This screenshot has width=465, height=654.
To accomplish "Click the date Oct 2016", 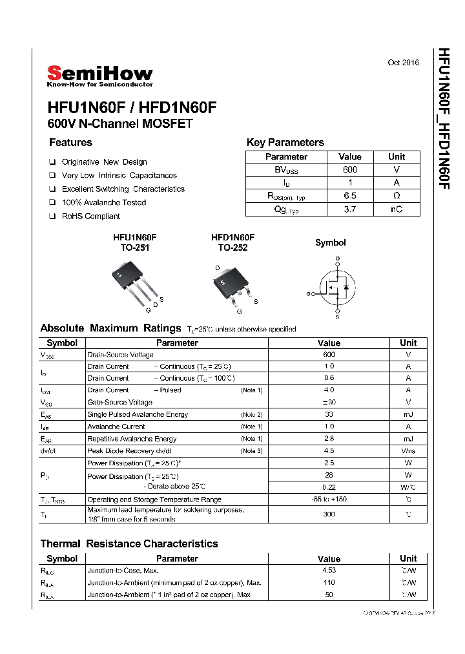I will point(403,63).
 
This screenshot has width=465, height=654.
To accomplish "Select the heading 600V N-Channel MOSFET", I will point(120,123).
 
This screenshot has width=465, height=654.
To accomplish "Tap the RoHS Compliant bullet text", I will point(91,216).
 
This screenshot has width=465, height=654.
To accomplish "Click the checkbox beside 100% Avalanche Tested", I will point(52,202).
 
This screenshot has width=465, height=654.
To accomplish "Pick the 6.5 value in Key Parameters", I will point(350,196).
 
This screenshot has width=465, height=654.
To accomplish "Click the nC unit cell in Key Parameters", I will point(397,209).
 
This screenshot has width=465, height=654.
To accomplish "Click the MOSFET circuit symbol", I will point(336,287).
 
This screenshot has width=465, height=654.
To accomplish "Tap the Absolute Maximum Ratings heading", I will point(110,328).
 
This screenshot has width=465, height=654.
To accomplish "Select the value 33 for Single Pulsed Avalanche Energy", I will point(329,414).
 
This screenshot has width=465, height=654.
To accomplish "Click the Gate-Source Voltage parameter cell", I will point(120,402).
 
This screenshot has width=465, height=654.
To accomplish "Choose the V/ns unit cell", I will point(408,451).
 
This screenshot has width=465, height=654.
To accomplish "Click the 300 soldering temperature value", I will point(329,514).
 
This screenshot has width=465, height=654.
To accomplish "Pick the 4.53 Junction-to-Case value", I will point(329,571).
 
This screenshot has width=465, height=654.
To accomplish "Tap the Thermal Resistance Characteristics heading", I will point(129,543).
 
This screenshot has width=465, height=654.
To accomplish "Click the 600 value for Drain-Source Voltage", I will point(329,355).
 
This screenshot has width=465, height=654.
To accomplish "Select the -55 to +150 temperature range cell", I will point(329,500).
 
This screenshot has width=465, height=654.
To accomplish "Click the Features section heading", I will point(70,143).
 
